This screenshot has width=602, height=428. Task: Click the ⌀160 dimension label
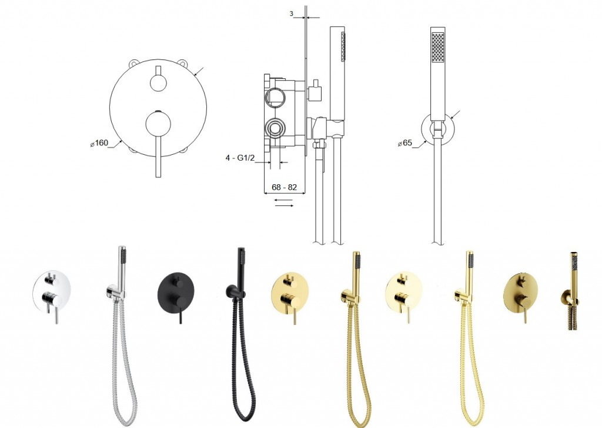99,143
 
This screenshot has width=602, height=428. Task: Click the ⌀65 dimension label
405,143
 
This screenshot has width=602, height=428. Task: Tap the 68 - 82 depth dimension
284,187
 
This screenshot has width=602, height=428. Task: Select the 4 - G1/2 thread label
240,158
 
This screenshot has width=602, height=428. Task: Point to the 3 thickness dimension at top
292,14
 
